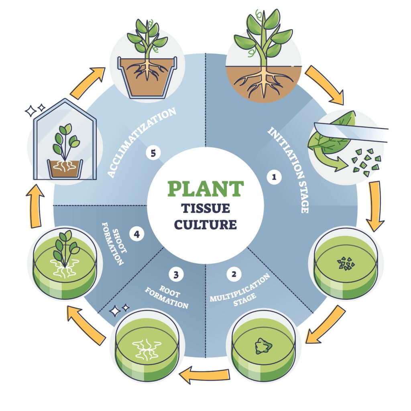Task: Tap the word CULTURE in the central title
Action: pyautogui.click(x=205, y=224)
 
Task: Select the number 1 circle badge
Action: pyautogui.click(x=275, y=177)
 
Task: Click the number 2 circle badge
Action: pyautogui.click(x=234, y=275)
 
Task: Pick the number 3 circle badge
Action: pyautogui.click(x=176, y=275)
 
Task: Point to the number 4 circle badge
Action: pyautogui.click(x=137, y=234)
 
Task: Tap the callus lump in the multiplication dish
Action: pyautogui.click(x=262, y=346)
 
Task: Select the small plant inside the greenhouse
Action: pyautogui.click(x=64, y=142)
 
